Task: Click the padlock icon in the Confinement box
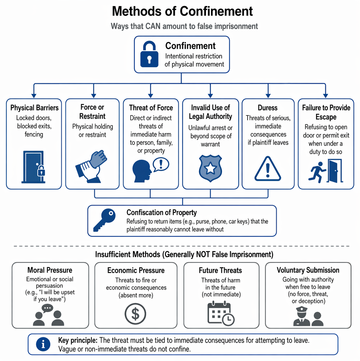149,54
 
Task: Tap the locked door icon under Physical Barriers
34,167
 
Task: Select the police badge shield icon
210,168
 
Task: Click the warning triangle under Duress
267,169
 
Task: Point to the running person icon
317,172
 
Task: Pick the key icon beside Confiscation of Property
104,220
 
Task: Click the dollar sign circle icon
135,314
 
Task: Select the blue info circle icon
43,344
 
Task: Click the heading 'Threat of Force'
151,108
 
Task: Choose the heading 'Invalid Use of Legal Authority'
210,112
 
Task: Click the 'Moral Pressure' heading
50,270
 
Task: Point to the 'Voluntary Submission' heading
308,270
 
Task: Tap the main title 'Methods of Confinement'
182,11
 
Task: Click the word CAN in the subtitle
154,26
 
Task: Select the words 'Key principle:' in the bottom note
78,340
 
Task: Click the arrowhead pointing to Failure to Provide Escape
326,96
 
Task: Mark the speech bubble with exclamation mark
161,164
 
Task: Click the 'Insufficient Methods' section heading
184,255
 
